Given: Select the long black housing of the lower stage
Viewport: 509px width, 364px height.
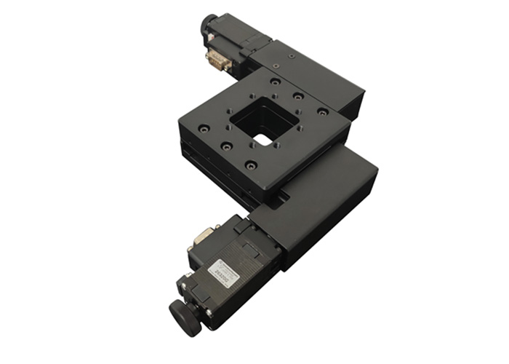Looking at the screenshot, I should coord(320,204).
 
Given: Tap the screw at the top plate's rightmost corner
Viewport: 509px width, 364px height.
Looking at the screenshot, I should coord(322,112).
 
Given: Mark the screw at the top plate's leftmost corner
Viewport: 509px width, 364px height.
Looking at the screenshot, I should coord(204,128).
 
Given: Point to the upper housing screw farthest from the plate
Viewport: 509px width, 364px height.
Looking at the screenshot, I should coord(291,55).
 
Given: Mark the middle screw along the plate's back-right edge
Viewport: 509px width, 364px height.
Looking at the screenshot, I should coord(298,96).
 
